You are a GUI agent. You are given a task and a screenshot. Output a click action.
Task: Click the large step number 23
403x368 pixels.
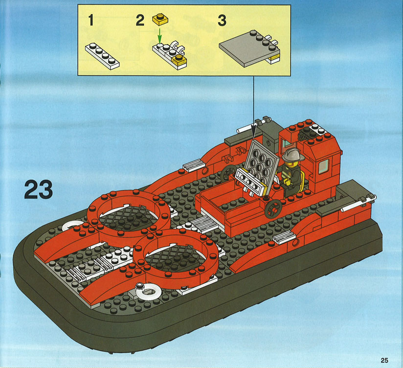pyautogui.click(x=39, y=189)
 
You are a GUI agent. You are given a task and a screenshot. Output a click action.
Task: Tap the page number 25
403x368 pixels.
pyautogui.click(x=384, y=360)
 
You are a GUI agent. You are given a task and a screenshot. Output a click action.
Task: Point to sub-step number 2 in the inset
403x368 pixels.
pyautogui.click(x=140, y=20)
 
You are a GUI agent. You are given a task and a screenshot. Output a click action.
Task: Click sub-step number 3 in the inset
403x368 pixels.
pyautogui.click(x=222, y=20)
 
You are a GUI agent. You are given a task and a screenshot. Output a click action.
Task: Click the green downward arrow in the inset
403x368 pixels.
pyautogui.click(x=159, y=36)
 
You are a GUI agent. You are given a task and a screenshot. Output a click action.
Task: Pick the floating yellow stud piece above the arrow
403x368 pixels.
pyautogui.click(x=160, y=20)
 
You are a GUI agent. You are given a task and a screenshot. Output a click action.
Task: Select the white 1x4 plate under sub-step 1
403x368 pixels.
pyautogui.click(x=102, y=56)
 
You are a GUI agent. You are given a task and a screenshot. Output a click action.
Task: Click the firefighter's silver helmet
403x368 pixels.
pyautogui.click(x=293, y=155)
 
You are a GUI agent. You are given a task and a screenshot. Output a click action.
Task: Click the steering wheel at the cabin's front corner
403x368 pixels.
pyautogui.click(x=273, y=208)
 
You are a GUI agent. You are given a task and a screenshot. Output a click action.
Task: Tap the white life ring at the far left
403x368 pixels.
pyautogui.click(x=71, y=226)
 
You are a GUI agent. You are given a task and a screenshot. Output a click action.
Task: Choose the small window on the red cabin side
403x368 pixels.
pyautogui.click(x=324, y=166)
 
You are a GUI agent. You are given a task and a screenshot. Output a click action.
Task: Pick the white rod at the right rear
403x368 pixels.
pyautogui.click(x=358, y=204)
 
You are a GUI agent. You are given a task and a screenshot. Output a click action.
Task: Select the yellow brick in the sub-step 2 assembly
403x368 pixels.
pyautogui.click(x=179, y=59)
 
